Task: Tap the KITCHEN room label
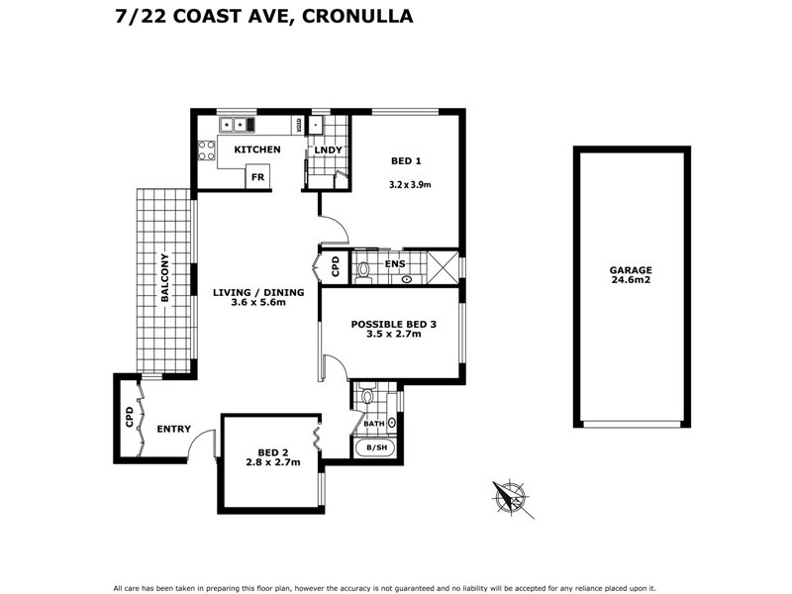pyautogui.click(x=256, y=149)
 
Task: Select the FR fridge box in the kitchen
pyautogui.click(x=257, y=177)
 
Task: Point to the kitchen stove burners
pyautogui.click(x=207, y=149)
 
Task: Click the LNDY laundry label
pyautogui.click(x=328, y=150)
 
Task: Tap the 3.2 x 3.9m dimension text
pyautogui.click(x=410, y=184)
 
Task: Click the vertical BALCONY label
pyautogui.click(x=165, y=279)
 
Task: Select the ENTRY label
pyautogui.click(x=173, y=429)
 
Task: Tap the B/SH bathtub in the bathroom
pyautogui.click(x=377, y=447)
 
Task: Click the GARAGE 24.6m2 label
pyautogui.click(x=631, y=274)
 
